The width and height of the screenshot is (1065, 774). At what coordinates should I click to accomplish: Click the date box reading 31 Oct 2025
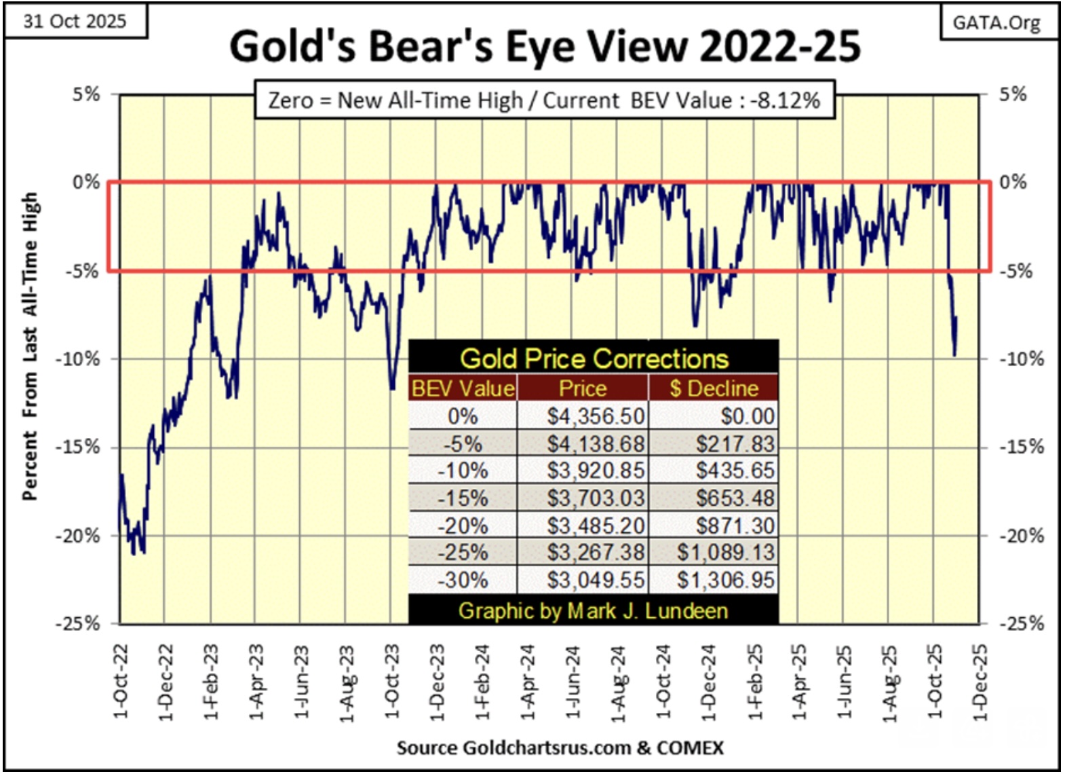[75, 21]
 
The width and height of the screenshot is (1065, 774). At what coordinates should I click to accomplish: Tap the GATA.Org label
[996, 22]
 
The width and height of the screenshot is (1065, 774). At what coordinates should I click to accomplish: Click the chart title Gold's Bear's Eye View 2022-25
[545, 47]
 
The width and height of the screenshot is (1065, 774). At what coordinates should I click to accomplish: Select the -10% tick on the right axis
[1022, 359]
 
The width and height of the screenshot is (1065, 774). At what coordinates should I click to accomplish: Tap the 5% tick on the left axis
[86, 94]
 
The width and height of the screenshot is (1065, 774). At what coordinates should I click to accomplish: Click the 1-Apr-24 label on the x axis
[528, 682]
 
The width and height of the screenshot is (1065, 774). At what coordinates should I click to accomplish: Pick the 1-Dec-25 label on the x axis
[980, 682]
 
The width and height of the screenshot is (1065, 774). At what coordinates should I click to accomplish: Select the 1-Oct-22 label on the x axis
[121, 682]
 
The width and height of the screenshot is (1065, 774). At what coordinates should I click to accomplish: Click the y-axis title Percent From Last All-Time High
[29, 346]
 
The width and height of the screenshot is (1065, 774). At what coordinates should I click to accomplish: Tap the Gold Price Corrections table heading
[594, 358]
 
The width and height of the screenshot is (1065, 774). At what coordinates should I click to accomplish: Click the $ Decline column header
[714, 388]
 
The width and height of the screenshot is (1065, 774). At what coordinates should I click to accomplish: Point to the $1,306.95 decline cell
[725, 580]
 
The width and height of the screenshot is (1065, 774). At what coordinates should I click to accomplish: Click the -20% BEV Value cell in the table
[463, 526]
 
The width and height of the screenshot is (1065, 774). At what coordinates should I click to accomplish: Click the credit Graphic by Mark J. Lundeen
[593, 611]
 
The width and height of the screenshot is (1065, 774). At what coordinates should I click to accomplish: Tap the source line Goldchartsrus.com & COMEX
[560, 748]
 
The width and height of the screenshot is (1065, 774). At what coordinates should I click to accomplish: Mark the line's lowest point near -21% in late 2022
[134, 554]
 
